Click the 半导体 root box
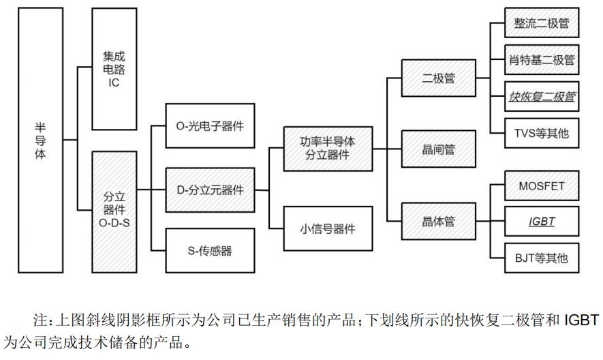pos(41,140)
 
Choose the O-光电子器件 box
pos(210,126)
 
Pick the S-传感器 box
pos(210,251)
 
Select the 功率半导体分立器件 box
pos(328,148)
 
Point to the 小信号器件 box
pos(328,229)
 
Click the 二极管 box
pos(439,78)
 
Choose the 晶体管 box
pos(439,221)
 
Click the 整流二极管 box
pos(542,24)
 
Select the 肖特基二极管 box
pos(542,60)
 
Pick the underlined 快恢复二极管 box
pos(542,97)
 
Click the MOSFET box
pos(542,185)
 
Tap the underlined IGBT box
pos(542,222)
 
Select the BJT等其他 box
pos(542,258)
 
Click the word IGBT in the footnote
pos(581,320)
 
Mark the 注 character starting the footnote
pos(39,320)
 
